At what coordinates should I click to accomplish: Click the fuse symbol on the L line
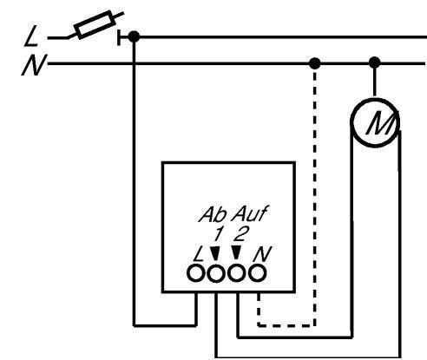95,24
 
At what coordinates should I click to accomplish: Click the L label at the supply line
31,36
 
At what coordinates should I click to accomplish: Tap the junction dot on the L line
134,37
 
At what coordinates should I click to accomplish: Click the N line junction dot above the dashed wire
315,63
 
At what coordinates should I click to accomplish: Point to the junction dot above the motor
375,62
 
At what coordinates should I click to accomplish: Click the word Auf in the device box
249,213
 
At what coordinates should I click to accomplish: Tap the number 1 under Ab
219,233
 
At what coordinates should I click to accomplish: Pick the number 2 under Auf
241,233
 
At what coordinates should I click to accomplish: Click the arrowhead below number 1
214,253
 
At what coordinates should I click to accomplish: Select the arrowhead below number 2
236,252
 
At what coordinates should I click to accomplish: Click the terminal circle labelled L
195,273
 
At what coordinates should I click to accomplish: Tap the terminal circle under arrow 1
216,273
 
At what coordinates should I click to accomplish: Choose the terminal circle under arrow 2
237,273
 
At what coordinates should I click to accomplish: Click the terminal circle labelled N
257,273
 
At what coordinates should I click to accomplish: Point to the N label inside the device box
262,254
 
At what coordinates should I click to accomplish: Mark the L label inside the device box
199,255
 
